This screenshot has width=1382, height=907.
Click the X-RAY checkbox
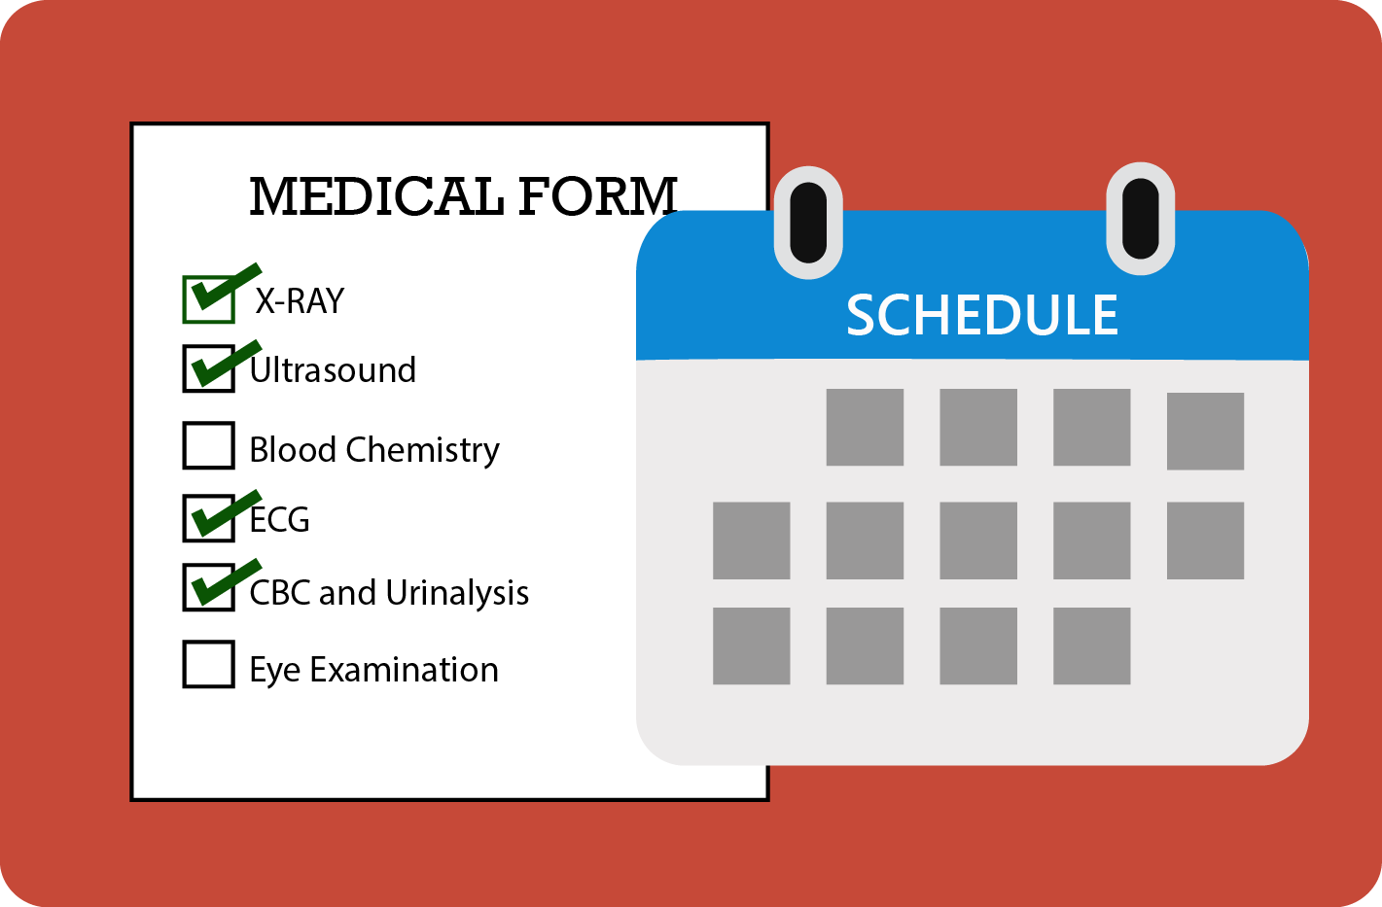[208, 299]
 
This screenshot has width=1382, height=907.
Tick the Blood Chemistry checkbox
[208, 445]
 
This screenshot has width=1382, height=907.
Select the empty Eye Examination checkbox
[208, 664]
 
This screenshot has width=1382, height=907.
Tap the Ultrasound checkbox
[208, 368]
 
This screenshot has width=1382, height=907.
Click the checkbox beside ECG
[208, 518]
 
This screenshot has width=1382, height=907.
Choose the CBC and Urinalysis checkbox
[208, 587]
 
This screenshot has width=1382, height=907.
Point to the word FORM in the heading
[598, 196]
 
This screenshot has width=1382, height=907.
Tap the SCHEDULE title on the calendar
[982, 315]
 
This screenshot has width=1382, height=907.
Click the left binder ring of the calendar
[808, 222]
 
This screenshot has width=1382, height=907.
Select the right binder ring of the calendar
[1140, 219]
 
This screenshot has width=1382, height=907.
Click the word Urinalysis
[457, 593]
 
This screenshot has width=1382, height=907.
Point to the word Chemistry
[423, 450]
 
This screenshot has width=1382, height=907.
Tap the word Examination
[405, 670]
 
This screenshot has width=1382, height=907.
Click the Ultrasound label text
[333, 370]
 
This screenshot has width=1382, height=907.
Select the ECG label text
[279, 520]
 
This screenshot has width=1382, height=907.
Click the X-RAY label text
[300, 301]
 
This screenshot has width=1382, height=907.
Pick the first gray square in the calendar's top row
[865, 428]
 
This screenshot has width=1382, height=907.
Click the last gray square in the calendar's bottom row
[1092, 646]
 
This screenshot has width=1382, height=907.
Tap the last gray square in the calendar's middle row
[1206, 541]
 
